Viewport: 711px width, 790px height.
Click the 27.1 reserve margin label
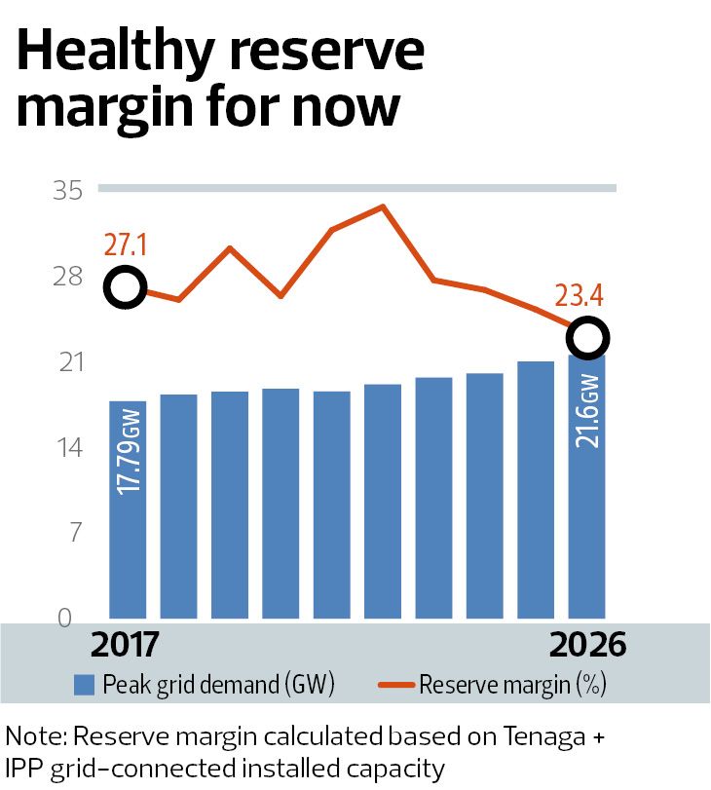coord(125,245)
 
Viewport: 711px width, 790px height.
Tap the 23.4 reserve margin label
coord(579,295)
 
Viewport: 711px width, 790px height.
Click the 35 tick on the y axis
coord(67,191)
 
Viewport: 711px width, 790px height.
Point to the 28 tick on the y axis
coord(67,276)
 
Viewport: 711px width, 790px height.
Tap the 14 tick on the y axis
coord(70,447)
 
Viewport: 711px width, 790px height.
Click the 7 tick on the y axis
coord(76,533)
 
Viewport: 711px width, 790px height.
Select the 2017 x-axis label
coord(125,645)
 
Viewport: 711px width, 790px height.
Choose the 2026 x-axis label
coord(587,645)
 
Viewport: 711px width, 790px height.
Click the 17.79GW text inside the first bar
coord(128,452)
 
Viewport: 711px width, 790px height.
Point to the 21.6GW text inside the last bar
coord(587,411)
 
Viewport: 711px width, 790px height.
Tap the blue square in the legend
coord(84,685)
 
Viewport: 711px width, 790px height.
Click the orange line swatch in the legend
coord(396,685)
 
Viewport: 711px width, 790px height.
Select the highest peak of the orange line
coord(383,207)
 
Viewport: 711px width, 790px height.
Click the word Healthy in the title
coord(115,52)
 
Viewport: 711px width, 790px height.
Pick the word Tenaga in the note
coord(544,736)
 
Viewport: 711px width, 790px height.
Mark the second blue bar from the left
coord(178,507)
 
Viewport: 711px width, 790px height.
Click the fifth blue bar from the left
coord(331,505)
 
